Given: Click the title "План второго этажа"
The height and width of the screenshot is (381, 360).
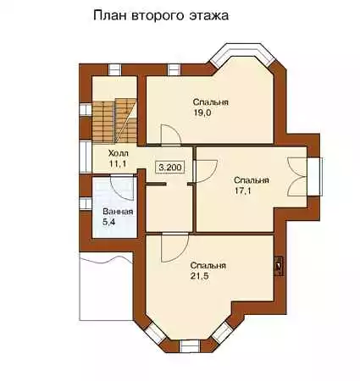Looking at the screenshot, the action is coord(161,16).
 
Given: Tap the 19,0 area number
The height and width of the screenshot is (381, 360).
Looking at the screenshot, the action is coord(202,113).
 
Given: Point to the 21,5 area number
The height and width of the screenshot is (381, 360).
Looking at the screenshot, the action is coord(199,276).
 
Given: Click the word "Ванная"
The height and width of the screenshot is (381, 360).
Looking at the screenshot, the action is coord(118,212).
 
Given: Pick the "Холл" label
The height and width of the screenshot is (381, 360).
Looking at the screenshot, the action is coord(119,153).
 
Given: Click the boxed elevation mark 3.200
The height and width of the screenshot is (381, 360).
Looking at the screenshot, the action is coord(169,168).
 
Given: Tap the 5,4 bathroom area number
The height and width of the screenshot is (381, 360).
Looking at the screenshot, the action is coord(108,222).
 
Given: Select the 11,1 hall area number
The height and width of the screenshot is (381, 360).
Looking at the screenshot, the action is coord(118,164).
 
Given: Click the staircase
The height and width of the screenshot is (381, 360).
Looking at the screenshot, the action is coord(114,121).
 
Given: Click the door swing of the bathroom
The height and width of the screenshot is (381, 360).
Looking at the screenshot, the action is coord(121,187).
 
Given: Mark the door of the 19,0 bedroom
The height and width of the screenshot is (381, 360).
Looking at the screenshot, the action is coord(170,135).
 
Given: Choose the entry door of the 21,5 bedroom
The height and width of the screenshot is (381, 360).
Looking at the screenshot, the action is coord(174,248).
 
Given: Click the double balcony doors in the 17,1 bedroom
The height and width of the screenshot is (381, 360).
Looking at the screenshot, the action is coord(296,177).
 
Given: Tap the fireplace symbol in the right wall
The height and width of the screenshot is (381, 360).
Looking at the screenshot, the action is coord(280,266).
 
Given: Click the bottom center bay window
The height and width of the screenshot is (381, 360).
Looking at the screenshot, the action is coord(190,346).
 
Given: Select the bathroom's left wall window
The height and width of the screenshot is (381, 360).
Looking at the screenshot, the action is coord(86,204).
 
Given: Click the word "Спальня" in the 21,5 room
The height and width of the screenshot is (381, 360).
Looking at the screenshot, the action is coord(208,266).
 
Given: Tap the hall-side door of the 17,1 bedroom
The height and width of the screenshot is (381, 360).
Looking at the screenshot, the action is coord(206,171).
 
